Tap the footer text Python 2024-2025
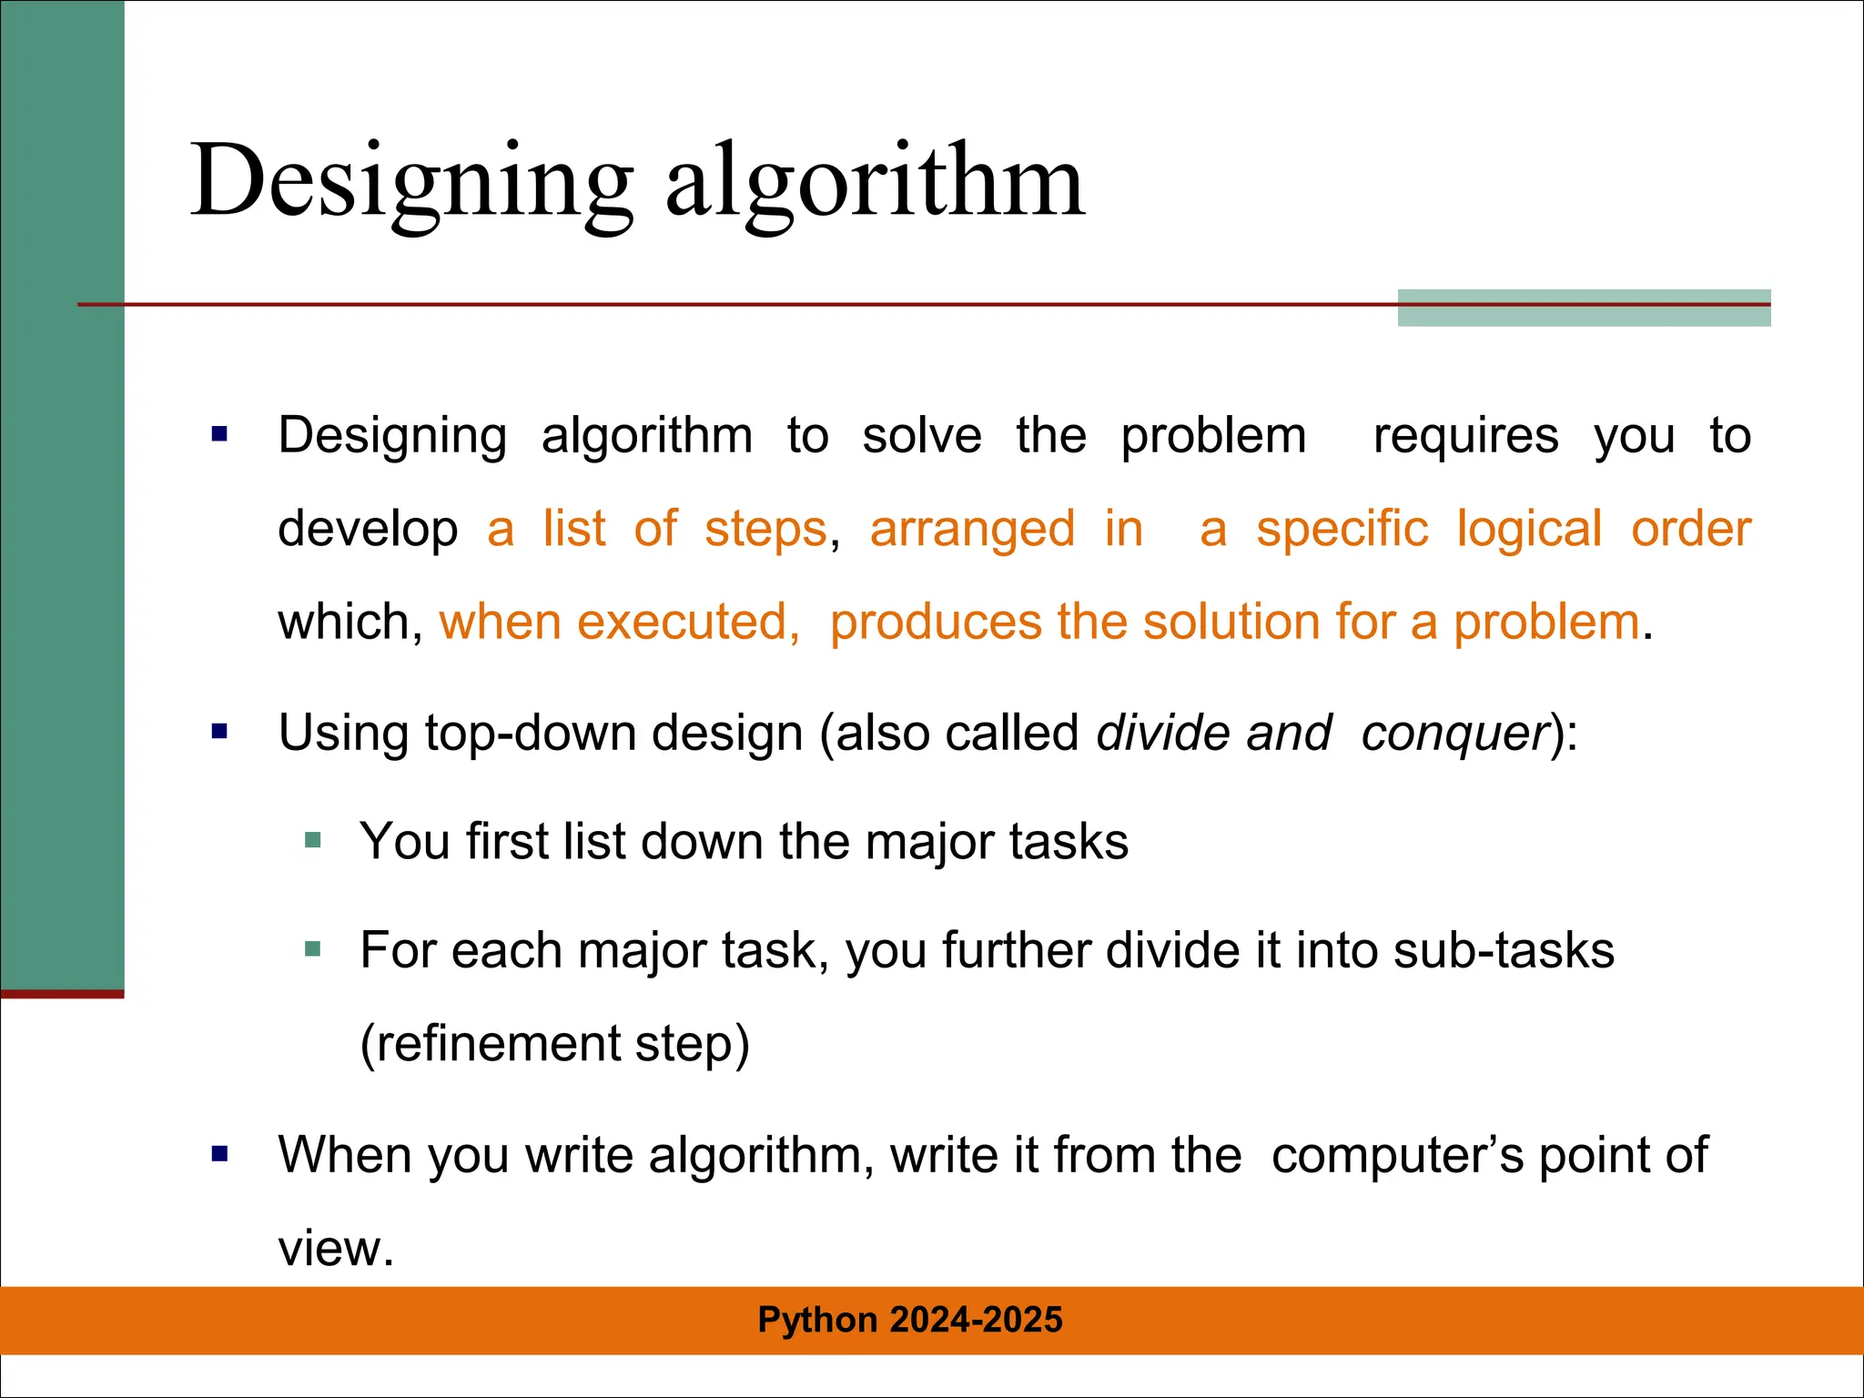point(909,1320)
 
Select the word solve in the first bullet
point(922,436)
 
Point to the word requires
point(1465,436)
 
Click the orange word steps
point(765,529)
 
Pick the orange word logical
point(1529,529)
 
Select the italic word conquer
point(1454,733)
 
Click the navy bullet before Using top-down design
point(219,731)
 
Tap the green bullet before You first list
point(313,840)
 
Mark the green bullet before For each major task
point(313,950)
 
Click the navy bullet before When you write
point(219,1154)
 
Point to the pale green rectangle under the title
point(1584,315)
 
